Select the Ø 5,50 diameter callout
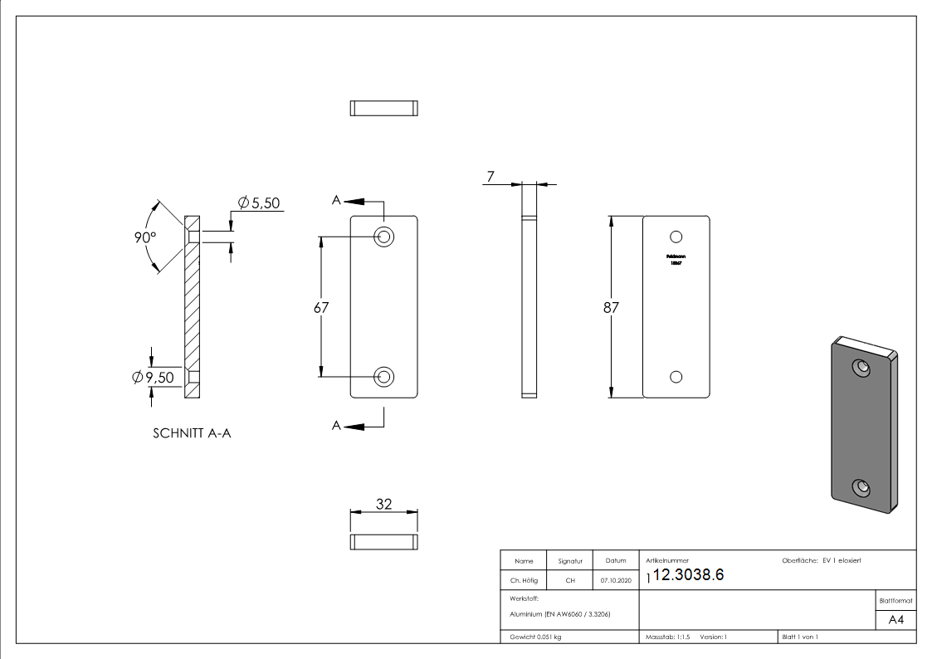tap(258, 203)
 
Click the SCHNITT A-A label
tap(192, 433)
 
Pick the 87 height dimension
tap(612, 307)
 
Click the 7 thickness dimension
tap(490, 177)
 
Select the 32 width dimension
tap(383, 504)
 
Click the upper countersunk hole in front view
tap(383, 237)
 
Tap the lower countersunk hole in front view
tap(383, 377)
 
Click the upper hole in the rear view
tap(676, 237)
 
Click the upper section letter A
tap(336, 200)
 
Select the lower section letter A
tap(336, 426)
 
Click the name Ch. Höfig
tap(523, 581)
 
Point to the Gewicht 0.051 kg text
tap(535, 637)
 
